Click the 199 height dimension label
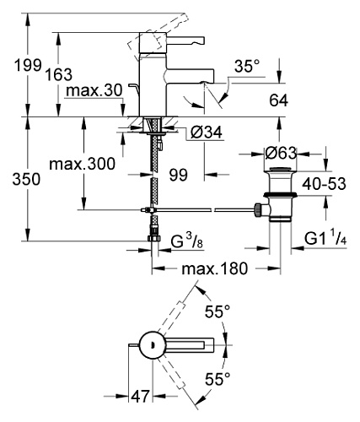(28, 66)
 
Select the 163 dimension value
(59, 75)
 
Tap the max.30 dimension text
(94, 90)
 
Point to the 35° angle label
(247, 67)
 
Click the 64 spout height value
(278, 100)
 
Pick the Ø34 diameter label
(206, 133)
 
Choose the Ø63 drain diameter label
(281, 154)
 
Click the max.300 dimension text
(82, 164)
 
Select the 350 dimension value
(26, 179)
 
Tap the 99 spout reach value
(179, 176)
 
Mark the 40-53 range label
(324, 184)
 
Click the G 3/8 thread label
(186, 241)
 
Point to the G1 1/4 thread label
(325, 240)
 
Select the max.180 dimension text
(215, 268)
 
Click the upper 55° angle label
(218, 311)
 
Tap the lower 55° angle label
(218, 379)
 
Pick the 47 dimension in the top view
(140, 397)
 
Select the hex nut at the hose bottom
(154, 239)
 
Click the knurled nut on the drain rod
(257, 210)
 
